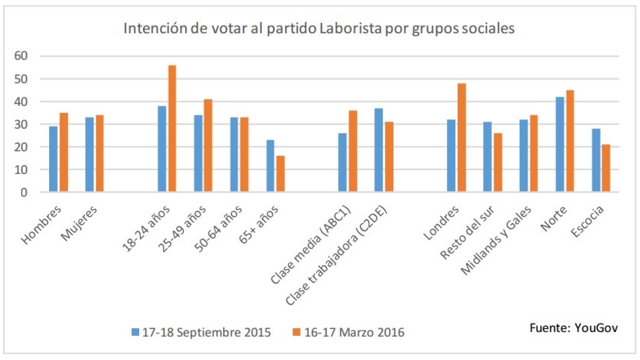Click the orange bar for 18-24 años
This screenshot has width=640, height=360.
coord(172,129)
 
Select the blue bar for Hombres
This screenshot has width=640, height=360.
coord(53,159)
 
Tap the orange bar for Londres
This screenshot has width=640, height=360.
coord(461,138)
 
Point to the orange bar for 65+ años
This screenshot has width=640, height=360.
coord(281,174)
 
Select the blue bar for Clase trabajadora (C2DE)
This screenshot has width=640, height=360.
coord(379,150)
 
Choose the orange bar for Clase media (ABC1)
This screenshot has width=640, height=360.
coord(353,151)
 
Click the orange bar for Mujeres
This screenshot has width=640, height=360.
coord(100,153)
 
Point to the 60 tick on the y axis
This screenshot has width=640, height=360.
coord(21,56)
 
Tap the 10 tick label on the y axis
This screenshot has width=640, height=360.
coord(21,170)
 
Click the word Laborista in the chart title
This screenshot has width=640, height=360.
coord(350,28)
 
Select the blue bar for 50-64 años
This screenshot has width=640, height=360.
coord(234,154)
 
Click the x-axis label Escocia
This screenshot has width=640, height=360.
coord(587,221)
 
